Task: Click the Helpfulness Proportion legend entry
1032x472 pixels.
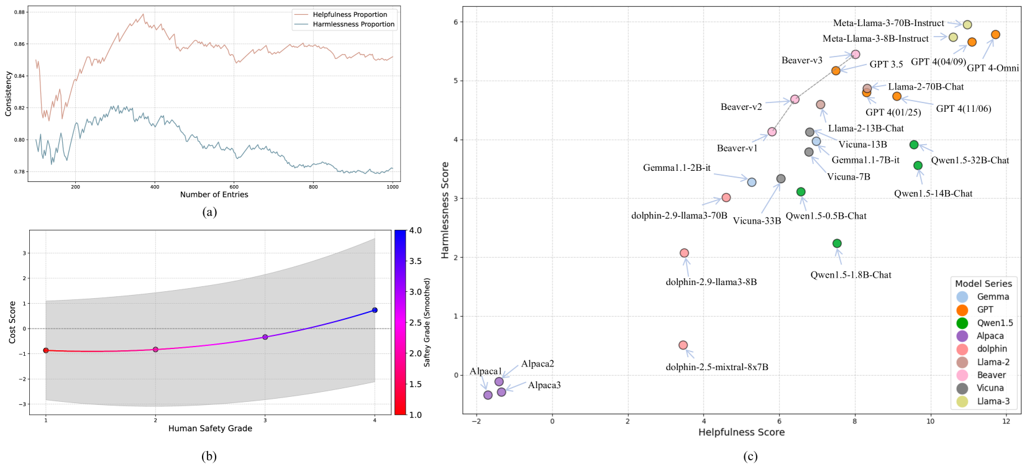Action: (350, 14)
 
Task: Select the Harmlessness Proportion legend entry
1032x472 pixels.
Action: (354, 24)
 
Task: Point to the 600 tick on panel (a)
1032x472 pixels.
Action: (234, 186)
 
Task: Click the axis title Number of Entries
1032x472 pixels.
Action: (214, 194)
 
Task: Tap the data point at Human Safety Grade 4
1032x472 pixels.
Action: (375, 310)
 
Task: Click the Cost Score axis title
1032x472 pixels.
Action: (12, 322)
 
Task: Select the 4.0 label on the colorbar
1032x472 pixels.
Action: (415, 230)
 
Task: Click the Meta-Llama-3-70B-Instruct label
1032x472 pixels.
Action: (888, 23)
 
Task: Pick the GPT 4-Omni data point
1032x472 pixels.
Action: (995, 35)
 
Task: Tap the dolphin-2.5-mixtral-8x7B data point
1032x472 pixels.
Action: (683, 345)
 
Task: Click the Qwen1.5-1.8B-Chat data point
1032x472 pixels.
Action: (837, 243)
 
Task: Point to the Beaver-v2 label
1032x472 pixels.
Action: (741, 107)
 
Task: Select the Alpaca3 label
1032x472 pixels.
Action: (544, 385)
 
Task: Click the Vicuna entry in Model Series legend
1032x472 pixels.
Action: (990, 388)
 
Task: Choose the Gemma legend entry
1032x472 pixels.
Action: (993, 297)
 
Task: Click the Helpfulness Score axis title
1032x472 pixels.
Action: (741, 432)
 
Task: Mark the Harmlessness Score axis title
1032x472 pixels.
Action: (445, 210)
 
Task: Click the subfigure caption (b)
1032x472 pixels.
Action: (209, 456)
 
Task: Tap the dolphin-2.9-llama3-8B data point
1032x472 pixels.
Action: (684, 253)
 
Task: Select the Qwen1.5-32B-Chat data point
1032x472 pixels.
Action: (914, 145)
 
